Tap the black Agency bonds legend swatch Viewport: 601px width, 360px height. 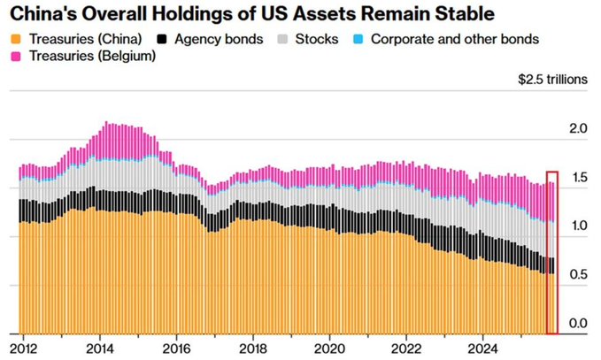160,40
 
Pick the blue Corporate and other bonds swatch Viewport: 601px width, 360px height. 357,40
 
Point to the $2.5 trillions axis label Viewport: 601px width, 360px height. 552,79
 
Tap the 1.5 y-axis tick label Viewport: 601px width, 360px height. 579,178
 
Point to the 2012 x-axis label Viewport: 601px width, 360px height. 24,346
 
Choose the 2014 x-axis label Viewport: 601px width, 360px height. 100,346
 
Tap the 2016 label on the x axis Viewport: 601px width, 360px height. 177,346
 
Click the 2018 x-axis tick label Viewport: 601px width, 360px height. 253,346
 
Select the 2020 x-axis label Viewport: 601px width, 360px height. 330,346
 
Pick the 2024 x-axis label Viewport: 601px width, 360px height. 482,346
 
